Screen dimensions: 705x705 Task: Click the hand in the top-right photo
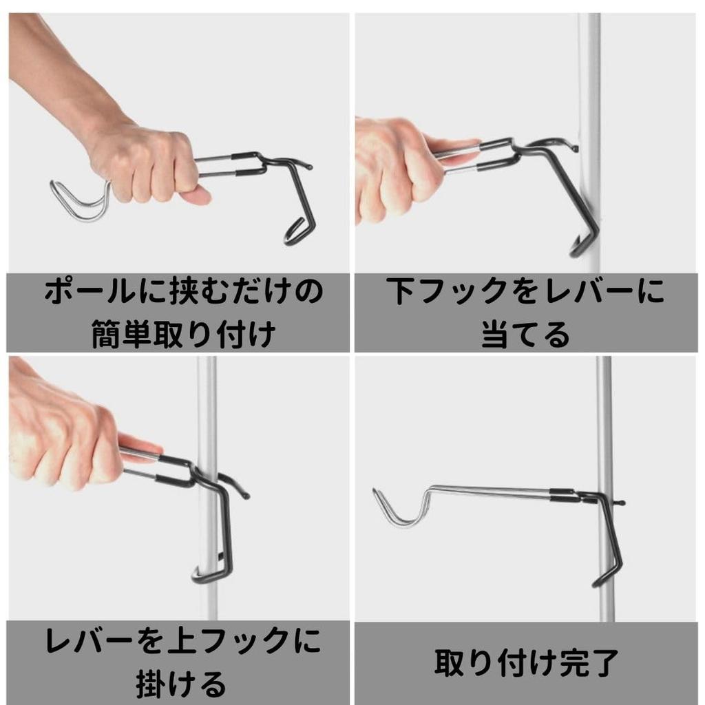pyautogui.click(x=389, y=165)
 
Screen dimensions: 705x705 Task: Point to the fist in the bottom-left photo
pyautogui.click(x=62, y=441)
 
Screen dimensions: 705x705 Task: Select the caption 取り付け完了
pyautogui.click(x=525, y=662)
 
